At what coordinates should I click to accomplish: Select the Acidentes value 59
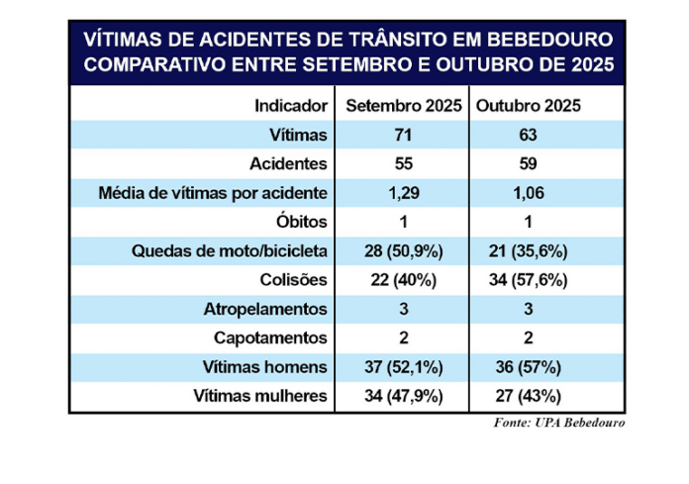coord(526,163)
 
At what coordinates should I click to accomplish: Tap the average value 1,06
coord(526,192)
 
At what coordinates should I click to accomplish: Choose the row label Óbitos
coord(302,222)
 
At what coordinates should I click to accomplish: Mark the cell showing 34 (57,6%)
coord(526,280)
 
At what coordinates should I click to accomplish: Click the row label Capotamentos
coord(272,338)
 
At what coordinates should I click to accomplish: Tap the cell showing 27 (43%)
coord(526,396)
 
